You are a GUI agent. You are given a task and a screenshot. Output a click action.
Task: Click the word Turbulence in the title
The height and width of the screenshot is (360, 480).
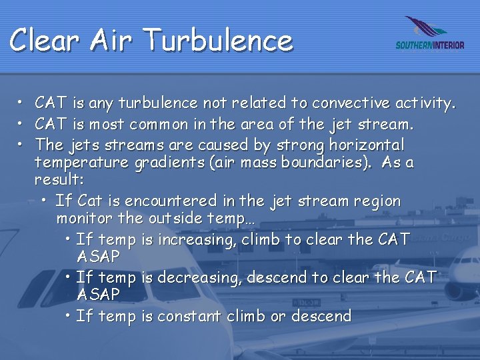pyautogui.click(x=219, y=40)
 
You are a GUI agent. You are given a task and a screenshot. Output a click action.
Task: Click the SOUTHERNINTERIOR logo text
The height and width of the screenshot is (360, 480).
pyautogui.click(x=429, y=45)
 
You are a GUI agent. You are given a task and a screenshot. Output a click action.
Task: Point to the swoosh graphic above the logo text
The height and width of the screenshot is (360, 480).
pyautogui.click(x=427, y=28)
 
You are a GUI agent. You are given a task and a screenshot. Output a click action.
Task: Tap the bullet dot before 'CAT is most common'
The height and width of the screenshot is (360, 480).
pyautogui.click(x=21, y=124)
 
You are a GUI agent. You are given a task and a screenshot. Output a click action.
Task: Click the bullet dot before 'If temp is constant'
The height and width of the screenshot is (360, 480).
pyautogui.click(x=69, y=315)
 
